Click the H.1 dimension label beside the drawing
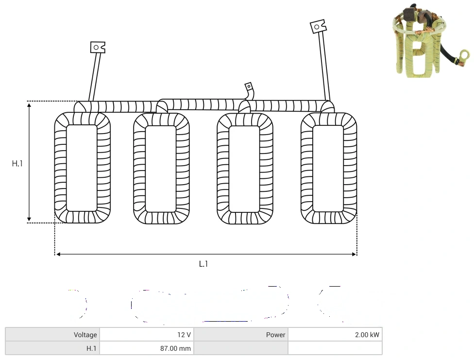pyautogui.click(x=17, y=164)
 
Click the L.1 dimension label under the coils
pyautogui.click(x=203, y=264)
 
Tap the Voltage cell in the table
pyautogui.click(x=52, y=335)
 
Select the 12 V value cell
pyautogui.click(x=147, y=335)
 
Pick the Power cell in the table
pyautogui.click(x=241, y=335)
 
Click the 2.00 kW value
pyautogui.click(x=367, y=335)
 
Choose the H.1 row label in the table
pyautogui.click(x=52, y=348)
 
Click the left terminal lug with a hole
pyautogui.click(x=98, y=48)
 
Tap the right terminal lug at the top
pyautogui.click(x=318, y=27)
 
